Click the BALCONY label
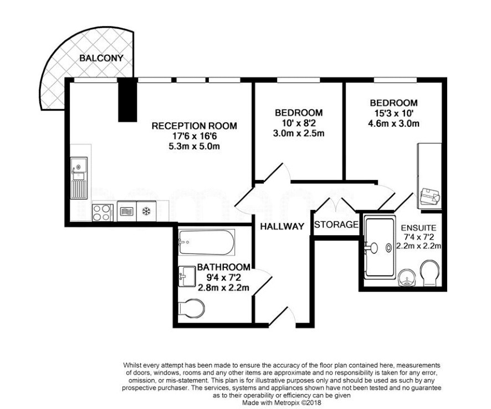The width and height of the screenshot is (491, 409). (x=101, y=58)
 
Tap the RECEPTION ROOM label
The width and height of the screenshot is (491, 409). (x=194, y=126)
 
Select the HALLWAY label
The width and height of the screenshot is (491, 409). (x=282, y=226)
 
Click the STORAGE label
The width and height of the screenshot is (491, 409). (x=336, y=225)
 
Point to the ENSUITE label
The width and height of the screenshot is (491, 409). (x=418, y=227)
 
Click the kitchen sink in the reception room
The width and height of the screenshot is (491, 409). (x=79, y=178)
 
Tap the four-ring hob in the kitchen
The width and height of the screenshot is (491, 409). (x=103, y=213)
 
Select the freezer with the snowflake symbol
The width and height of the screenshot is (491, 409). (x=146, y=211)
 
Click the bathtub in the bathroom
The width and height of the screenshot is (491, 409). (x=206, y=242)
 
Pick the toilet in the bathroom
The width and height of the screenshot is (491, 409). (x=191, y=308)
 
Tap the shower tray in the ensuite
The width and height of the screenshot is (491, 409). (x=380, y=247)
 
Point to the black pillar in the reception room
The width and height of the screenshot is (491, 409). (x=128, y=100)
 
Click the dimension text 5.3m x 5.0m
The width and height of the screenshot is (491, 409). (x=194, y=146)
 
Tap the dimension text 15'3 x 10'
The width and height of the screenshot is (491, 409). (x=394, y=113)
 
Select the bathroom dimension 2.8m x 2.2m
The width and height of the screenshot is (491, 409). (x=223, y=287)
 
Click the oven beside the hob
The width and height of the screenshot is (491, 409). (x=126, y=211)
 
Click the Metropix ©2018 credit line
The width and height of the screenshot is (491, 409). (x=282, y=403)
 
